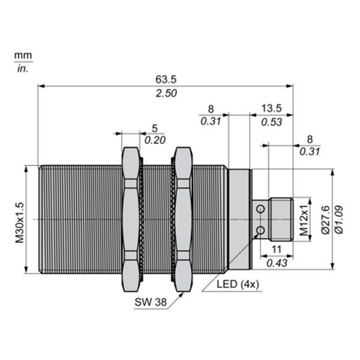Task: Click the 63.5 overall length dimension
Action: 166,79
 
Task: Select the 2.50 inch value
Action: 166,94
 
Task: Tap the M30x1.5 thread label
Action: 20,223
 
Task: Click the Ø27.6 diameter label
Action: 326,220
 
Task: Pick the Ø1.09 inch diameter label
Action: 339,220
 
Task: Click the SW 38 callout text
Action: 151,302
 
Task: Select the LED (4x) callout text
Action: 238,284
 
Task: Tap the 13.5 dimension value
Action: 272,108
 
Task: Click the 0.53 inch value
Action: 272,122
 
